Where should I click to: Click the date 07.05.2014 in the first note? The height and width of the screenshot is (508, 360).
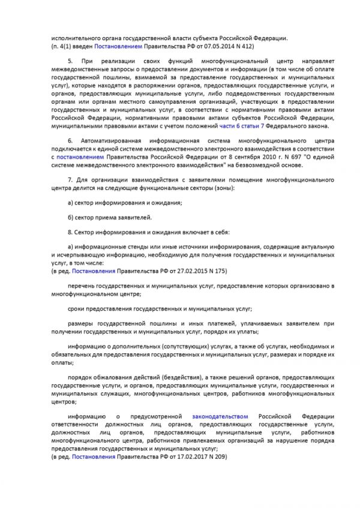(215, 46)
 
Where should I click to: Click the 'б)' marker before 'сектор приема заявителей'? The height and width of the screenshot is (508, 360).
(71, 217)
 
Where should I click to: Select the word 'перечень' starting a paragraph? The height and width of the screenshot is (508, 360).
(82, 286)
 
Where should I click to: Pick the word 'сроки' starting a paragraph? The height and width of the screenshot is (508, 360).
(77, 309)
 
